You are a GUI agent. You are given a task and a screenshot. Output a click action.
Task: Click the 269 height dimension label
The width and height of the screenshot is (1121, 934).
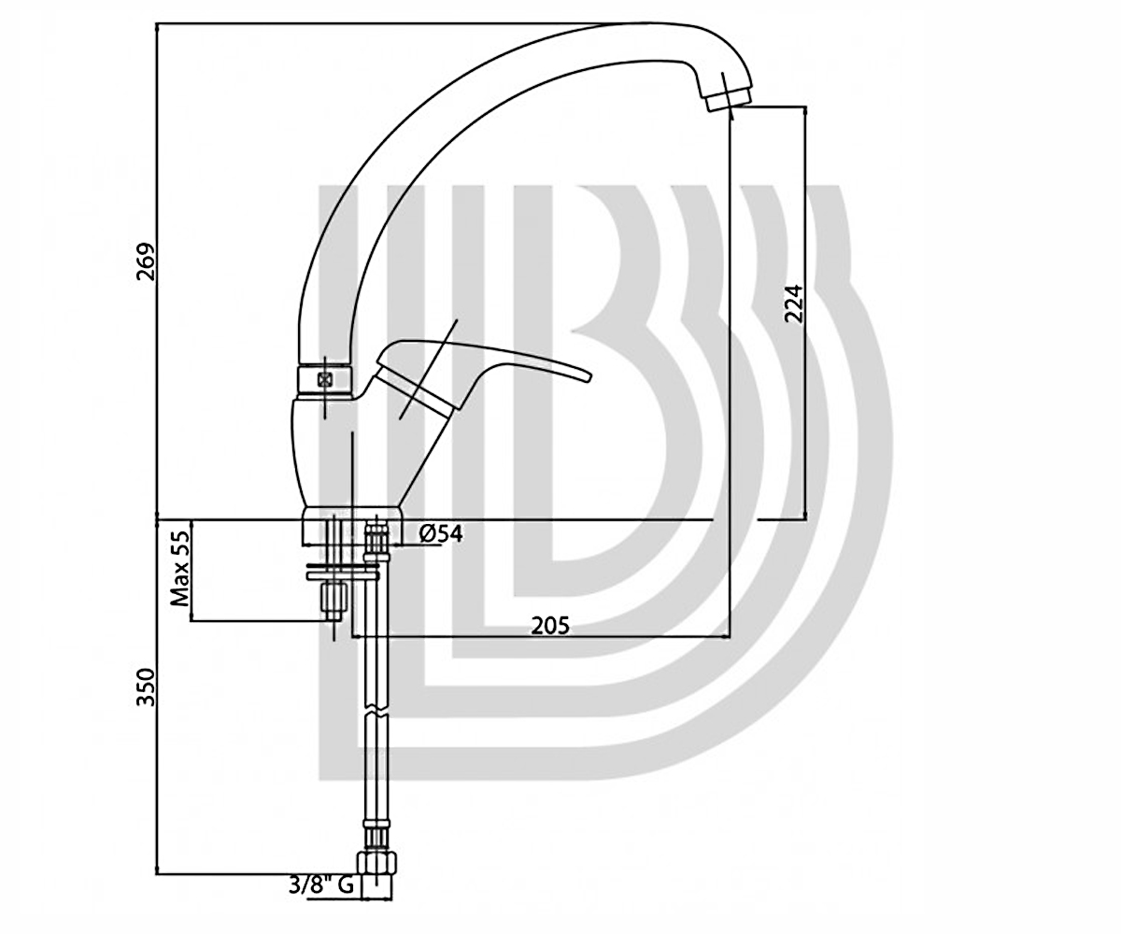point(145,262)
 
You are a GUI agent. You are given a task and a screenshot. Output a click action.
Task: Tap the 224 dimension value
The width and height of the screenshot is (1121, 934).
point(793,304)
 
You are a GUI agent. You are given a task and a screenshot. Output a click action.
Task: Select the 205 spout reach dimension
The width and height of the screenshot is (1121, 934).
point(550,626)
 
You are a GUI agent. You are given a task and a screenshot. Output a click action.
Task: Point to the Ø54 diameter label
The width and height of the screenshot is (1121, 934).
point(440,533)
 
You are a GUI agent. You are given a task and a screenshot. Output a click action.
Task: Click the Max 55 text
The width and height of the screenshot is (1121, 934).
point(180,569)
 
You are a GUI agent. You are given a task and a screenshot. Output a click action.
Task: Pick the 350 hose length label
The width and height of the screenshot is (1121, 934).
point(145,687)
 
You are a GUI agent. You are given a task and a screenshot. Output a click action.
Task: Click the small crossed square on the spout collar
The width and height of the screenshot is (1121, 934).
point(325,379)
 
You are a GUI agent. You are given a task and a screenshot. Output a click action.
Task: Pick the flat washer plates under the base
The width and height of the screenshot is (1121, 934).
point(342,572)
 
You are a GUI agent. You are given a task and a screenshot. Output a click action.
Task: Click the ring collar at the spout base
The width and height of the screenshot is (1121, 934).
point(325,380)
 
